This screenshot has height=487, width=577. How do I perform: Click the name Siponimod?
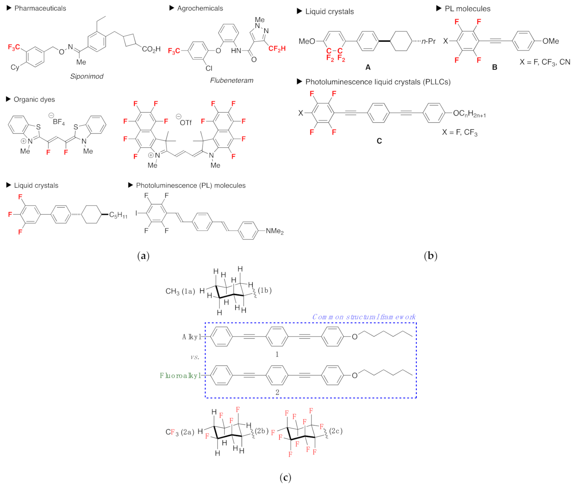pos(87,76)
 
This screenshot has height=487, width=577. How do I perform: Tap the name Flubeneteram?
pos(231,80)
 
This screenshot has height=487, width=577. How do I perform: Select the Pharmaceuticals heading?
pos(40,8)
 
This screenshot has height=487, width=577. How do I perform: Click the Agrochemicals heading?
pos(200,8)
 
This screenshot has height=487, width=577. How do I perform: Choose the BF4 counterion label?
pos(59,122)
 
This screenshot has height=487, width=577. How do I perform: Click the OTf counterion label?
pos(185,122)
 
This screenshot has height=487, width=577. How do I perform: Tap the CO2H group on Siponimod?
pos(151,49)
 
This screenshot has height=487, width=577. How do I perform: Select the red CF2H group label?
pos(277,49)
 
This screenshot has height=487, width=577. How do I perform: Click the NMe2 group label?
pos(275,231)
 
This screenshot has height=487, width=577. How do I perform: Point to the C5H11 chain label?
pos(118,215)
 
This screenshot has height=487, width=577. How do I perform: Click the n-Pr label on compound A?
pos(428,41)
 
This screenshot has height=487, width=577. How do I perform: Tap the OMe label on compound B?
pos(550,41)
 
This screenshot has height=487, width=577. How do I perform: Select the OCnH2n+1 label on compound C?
pos(469,114)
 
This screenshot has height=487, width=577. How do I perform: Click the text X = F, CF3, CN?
pos(544,62)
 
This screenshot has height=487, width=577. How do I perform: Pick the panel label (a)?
pos(143,256)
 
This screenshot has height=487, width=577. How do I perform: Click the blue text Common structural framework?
pos(364,317)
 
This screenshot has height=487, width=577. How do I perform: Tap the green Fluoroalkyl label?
pos(180,375)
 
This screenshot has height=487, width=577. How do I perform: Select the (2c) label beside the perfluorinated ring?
pos(336,431)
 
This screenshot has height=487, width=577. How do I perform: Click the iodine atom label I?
pos(137,213)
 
